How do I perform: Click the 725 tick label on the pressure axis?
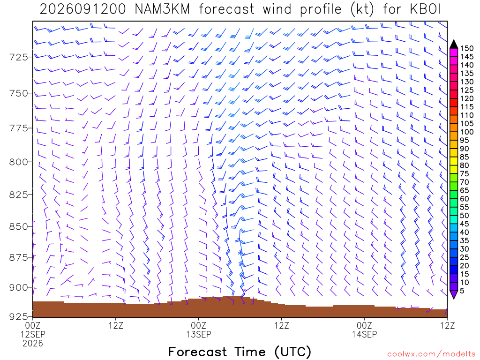(18, 57)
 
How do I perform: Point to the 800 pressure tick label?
(18, 162)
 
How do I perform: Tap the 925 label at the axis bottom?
(18, 316)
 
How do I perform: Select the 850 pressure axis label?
(18, 226)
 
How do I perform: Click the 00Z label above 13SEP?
(198, 325)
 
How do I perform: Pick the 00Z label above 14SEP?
(364, 325)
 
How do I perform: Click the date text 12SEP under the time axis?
(33, 334)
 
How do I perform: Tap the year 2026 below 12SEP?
(33, 344)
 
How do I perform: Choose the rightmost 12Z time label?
(447, 325)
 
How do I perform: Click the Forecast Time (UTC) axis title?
(240, 352)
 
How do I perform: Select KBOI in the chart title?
(425, 9)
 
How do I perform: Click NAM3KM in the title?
(162, 9)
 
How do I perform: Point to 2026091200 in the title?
(82, 9)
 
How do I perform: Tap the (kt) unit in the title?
(362, 9)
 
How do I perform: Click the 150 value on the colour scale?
(466, 48)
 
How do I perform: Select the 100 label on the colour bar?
(466, 132)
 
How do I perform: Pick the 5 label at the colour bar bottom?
(462, 291)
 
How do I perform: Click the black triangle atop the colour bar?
(454, 45)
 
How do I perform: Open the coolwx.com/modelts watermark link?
(431, 354)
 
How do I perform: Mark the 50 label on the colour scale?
(464, 216)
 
